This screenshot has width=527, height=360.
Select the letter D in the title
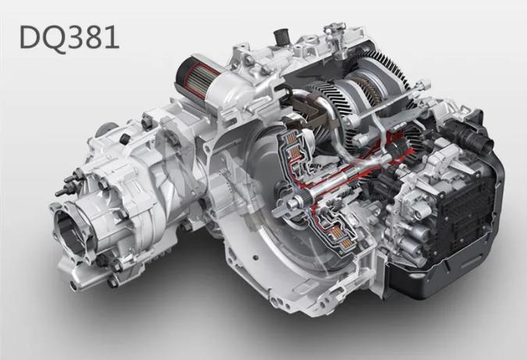[x=29, y=37]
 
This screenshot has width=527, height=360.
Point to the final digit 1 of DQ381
[x=112, y=37]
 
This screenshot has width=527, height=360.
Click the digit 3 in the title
[x=74, y=37]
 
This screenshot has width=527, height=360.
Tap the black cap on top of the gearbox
[x=281, y=36]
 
